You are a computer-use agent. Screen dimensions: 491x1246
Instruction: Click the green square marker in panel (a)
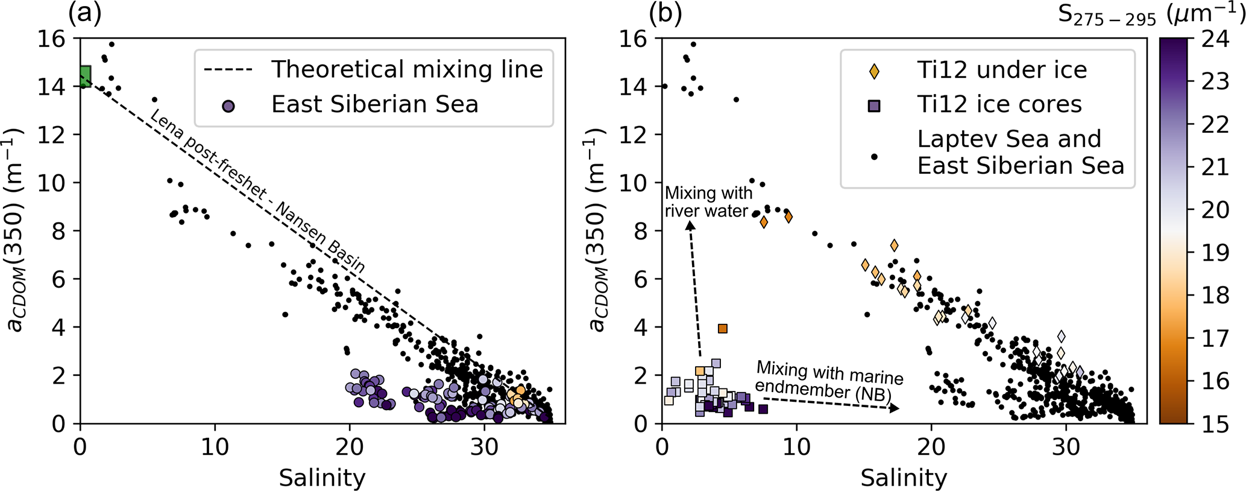pyautogui.click(x=85, y=77)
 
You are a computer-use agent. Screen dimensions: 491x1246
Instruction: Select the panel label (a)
pyautogui.click(x=84, y=13)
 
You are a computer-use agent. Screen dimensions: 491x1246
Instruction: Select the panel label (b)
pyautogui.click(x=666, y=13)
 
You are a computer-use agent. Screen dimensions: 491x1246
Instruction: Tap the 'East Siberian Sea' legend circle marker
pyautogui.click(x=228, y=106)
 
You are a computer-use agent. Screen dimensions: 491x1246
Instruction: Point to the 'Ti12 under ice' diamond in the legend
pyautogui.click(x=874, y=71)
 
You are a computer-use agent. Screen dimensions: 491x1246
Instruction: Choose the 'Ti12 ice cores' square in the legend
pyautogui.click(x=874, y=106)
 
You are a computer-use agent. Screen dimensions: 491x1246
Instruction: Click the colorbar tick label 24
pyautogui.click(x=1214, y=39)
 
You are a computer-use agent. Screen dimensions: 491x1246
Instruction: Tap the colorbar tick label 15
pyautogui.click(x=1214, y=424)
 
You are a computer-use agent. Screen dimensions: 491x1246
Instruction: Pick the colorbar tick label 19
pyautogui.click(x=1214, y=253)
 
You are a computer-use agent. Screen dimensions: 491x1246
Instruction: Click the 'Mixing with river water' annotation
pyautogui.click(x=708, y=202)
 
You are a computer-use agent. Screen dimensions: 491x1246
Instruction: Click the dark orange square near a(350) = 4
pyautogui.click(x=723, y=329)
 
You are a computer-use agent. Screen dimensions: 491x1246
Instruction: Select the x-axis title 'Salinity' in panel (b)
pyautogui.click(x=904, y=478)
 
